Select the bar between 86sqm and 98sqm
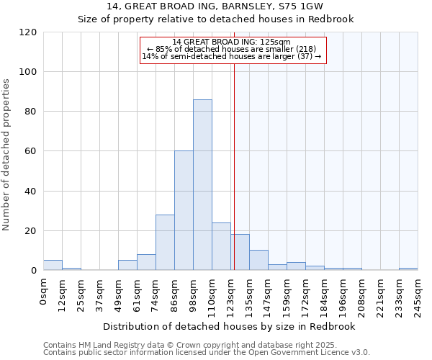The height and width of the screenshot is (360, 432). coord(184,211)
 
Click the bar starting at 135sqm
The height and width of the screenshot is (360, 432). coord(258,260)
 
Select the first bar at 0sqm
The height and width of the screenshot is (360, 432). coord(53,265)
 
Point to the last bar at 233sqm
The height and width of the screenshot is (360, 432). coord(408,269)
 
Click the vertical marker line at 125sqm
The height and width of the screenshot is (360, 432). coord(234,166)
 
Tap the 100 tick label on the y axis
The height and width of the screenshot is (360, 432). coord(29,72)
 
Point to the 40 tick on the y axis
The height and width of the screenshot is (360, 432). coord(31,192)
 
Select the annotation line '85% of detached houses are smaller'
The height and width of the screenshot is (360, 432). coord(232,49)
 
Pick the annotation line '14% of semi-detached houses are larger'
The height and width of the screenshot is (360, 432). coord(232,56)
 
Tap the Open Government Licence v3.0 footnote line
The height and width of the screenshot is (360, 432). coord(207,353)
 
